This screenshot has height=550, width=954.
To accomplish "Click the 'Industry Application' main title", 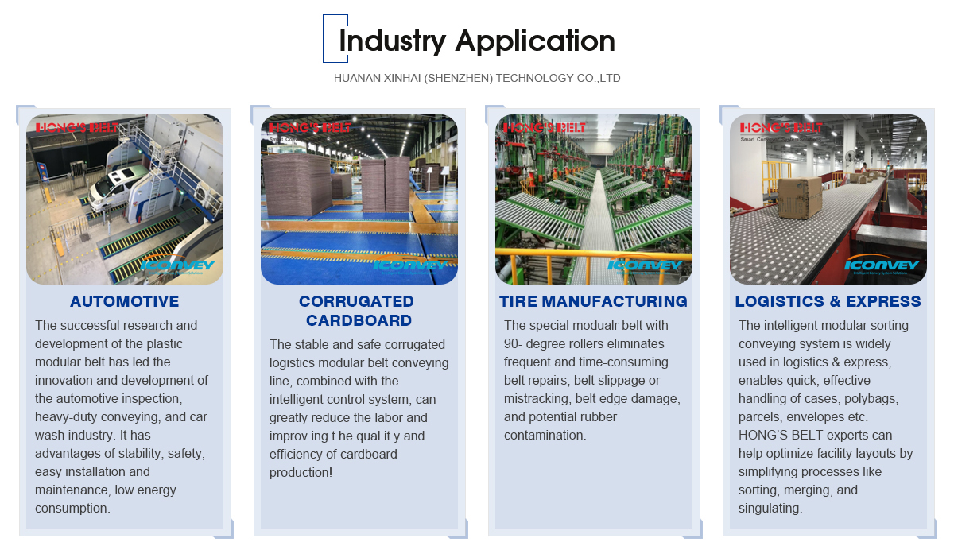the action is coord(477,41).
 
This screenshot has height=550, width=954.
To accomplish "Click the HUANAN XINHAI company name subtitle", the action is coord(477,79).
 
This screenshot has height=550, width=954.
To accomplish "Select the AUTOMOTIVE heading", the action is coord(124,301).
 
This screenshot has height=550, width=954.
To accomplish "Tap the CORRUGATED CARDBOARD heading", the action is coord(357,311).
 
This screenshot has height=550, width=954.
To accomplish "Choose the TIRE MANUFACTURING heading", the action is coord(593,301).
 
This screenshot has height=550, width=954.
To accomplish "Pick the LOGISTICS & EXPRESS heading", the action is coord(828,301).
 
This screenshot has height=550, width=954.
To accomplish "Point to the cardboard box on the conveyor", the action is coord(800,197).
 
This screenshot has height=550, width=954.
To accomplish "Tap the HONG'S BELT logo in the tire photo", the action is coord(545,128).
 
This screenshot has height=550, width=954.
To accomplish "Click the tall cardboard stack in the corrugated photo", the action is coord(297,186).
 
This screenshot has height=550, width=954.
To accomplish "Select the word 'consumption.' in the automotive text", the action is coord(72,509).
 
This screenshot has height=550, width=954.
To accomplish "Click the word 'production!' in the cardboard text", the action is coord(301,473).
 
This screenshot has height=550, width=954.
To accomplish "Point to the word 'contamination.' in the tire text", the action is coord(545,435).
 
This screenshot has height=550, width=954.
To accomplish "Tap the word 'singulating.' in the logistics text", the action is coord(770,509).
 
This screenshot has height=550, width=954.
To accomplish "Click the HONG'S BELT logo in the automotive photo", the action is coord(76,128).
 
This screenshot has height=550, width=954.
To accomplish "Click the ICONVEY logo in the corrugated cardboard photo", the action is coord(409,265).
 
